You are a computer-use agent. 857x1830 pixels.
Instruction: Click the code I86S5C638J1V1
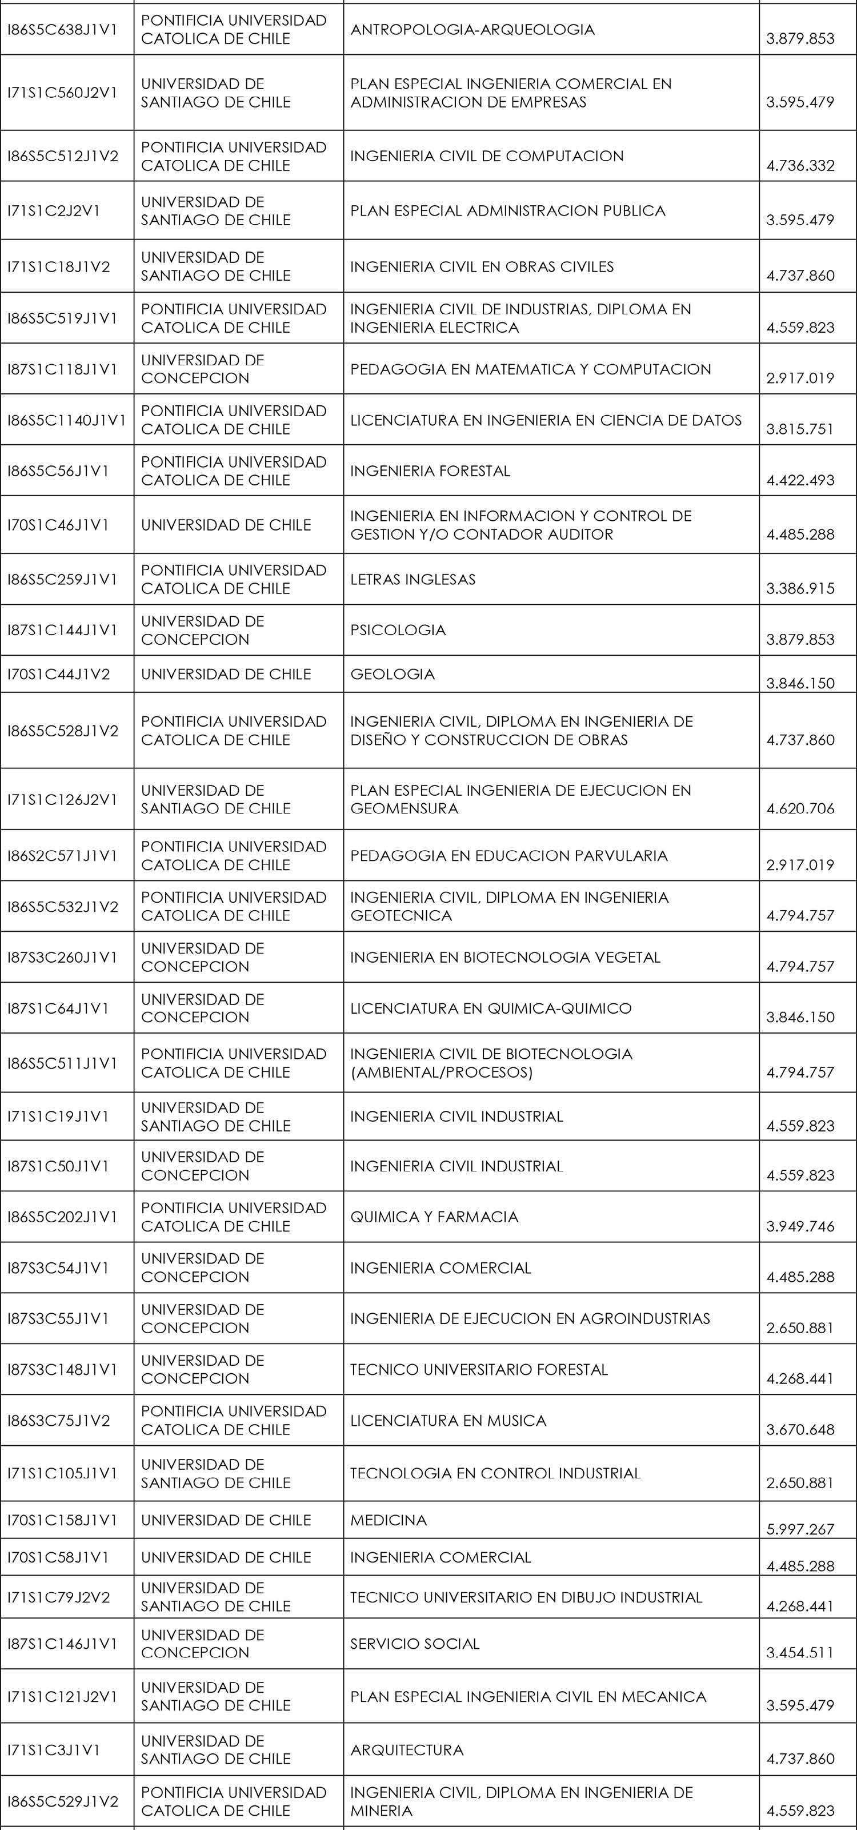coord(62,30)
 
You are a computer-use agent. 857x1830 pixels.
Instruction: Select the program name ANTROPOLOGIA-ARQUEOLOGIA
coord(472,30)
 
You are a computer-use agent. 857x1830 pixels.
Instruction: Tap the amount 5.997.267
coord(800,1529)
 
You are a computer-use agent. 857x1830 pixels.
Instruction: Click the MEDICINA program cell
coord(389,1520)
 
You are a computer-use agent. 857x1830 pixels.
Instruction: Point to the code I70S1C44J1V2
coord(59,674)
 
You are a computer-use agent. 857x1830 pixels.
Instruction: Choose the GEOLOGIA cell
coord(393,674)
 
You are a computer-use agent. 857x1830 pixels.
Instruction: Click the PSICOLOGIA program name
coord(398,630)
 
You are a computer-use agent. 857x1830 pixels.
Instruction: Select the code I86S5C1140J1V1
coord(66,420)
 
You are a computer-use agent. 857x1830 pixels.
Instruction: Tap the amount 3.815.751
coord(800,429)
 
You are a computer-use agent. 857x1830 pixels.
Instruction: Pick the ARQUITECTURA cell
coord(407,1750)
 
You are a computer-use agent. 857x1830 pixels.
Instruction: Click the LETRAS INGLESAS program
coord(413,579)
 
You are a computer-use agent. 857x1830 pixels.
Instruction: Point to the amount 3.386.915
coord(800,588)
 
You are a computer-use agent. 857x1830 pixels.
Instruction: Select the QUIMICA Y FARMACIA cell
coord(434,1217)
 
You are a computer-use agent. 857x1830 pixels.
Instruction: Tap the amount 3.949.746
coord(800,1226)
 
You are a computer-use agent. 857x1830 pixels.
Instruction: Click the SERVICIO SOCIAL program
coord(415,1643)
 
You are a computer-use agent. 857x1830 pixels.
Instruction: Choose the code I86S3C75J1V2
coord(59,1420)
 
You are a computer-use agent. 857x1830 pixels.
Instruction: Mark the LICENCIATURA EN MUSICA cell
coord(448,1420)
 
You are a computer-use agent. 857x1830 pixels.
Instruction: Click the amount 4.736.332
coord(800,166)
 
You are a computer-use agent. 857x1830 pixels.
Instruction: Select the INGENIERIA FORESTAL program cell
coord(430,471)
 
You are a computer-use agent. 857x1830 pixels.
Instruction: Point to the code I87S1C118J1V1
coord(62,369)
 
